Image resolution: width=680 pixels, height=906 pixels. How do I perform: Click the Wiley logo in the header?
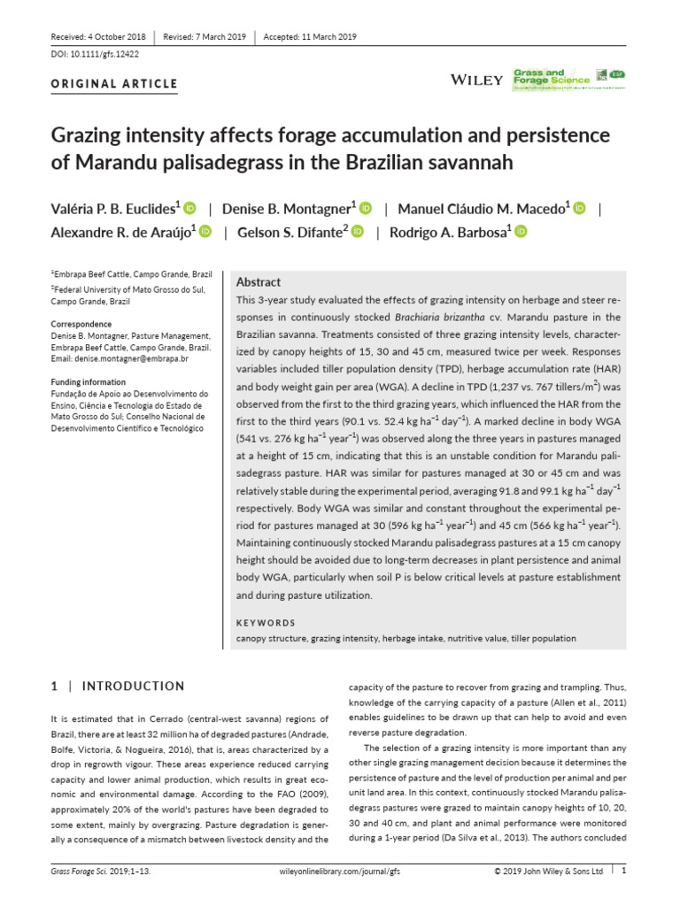(477, 80)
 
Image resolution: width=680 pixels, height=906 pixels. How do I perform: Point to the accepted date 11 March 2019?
(309, 36)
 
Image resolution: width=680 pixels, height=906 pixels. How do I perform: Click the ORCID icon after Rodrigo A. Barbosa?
(521, 232)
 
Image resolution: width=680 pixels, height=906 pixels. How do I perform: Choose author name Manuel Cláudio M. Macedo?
(483, 209)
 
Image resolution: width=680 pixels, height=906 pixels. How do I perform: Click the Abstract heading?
(259, 281)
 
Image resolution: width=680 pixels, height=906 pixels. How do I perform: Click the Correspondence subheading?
(81, 325)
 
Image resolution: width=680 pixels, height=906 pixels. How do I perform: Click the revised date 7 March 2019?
(205, 36)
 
